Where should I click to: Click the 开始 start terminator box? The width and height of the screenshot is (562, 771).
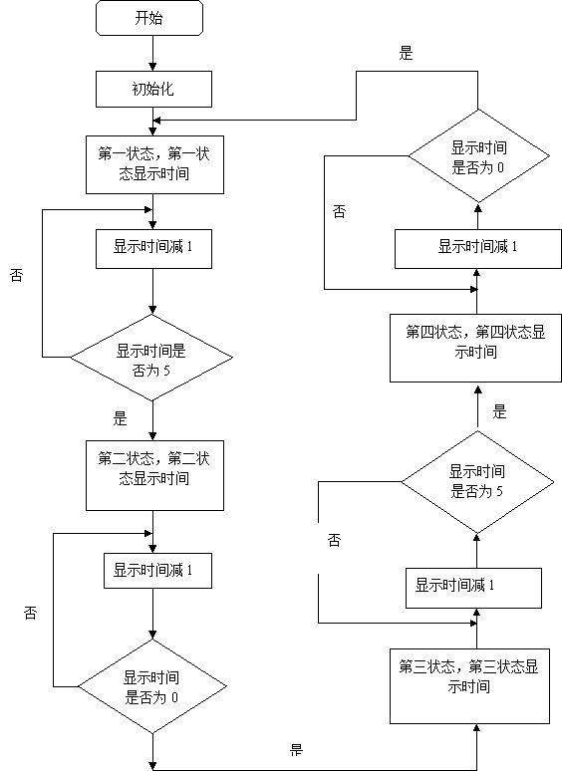click(x=149, y=18)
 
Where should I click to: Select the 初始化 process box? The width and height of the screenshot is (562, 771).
click(x=153, y=89)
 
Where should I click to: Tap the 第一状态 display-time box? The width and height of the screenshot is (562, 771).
click(x=154, y=164)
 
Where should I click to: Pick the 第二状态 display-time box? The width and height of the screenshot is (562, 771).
click(x=154, y=475)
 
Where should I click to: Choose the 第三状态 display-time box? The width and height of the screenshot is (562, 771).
click(x=469, y=686)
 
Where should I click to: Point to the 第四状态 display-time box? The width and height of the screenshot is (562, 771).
click(x=475, y=348)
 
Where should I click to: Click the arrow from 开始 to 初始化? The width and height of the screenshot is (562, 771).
click(x=152, y=53)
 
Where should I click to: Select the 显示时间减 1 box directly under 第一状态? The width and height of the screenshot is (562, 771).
click(x=153, y=249)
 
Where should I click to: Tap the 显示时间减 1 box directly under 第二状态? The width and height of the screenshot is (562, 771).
click(x=157, y=571)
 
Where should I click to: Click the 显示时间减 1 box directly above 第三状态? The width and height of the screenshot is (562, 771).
click(x=473, y=588)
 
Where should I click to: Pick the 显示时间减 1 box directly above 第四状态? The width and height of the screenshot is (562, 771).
click(x=478, y=248)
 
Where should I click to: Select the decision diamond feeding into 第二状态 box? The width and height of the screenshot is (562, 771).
click(x=151, y=358)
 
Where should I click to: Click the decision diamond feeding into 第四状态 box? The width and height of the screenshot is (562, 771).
click(x=477, y=482)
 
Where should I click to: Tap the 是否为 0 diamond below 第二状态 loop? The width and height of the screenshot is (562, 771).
click(x=152, y=686)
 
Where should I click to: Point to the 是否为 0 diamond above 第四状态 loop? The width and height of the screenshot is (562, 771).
click(x=479, y=155)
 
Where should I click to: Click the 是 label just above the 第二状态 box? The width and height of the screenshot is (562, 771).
click(x=121, y=419)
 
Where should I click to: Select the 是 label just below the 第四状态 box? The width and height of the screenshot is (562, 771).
click(x=499, y=411)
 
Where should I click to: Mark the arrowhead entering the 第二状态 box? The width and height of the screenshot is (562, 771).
click(x=152, y=436)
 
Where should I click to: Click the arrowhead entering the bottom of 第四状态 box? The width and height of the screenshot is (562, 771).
click(x=477, y=390)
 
